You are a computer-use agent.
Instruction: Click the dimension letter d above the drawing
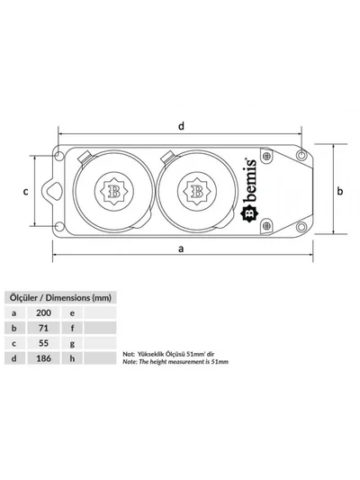[182, 126]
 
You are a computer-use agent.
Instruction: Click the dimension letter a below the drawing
[181, 249]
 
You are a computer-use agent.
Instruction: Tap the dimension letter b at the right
[340, 191]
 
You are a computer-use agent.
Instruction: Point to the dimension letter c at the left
[26, 192]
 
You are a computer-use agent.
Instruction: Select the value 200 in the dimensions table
[43, 312]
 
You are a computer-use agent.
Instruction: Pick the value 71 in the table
[43, 328]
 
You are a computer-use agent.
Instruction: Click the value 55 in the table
[43, 343]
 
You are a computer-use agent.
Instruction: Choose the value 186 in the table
[43, 358]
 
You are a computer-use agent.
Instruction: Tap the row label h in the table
[72, 358]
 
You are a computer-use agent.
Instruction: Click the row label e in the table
[72, 313]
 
